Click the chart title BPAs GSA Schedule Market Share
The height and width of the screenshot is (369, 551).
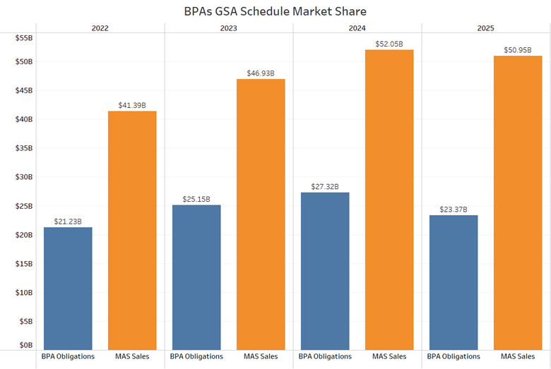[x=275, y=11]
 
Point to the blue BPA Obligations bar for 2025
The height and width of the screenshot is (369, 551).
[x=454, y=282]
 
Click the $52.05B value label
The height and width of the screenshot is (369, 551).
[x=389, y=44]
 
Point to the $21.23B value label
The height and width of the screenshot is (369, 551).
[x=68, y=222]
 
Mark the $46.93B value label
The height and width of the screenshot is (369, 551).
[x=261, y=73]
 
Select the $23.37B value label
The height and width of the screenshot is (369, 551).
[x=454, y=209]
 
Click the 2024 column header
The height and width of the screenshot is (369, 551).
[x=357, y=28]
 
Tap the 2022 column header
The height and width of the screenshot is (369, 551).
[x=100, y=28]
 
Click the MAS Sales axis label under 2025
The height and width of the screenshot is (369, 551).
[x=518, y=356]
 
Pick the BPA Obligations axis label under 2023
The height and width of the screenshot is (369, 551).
[x=196, y=356]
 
